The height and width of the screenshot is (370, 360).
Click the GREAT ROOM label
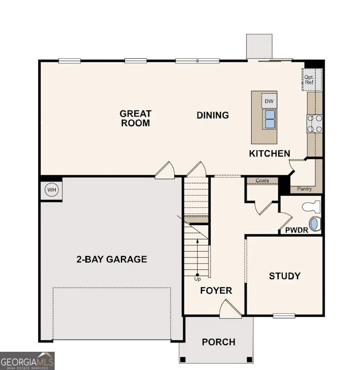[136, 118]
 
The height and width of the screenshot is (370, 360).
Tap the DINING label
[213, 115]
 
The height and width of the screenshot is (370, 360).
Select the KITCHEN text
[269, 153]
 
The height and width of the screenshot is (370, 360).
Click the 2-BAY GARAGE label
[112, 259]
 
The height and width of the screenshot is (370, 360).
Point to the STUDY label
[284, 276]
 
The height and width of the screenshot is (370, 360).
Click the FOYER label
[216, 291]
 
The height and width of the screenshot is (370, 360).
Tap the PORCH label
[219, 342]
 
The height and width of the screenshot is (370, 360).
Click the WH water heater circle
[52, 190]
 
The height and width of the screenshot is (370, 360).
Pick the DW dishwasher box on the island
[268, 101]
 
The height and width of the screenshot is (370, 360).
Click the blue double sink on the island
[269, 119]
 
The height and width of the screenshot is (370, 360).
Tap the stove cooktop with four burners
[314, 124]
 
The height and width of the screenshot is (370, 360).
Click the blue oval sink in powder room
[314, 223]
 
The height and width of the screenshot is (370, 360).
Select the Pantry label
[304, 189]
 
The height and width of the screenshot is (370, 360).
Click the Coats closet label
[262, 181]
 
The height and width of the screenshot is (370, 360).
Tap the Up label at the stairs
[197, 279]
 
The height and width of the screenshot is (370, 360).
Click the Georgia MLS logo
[27, 361]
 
